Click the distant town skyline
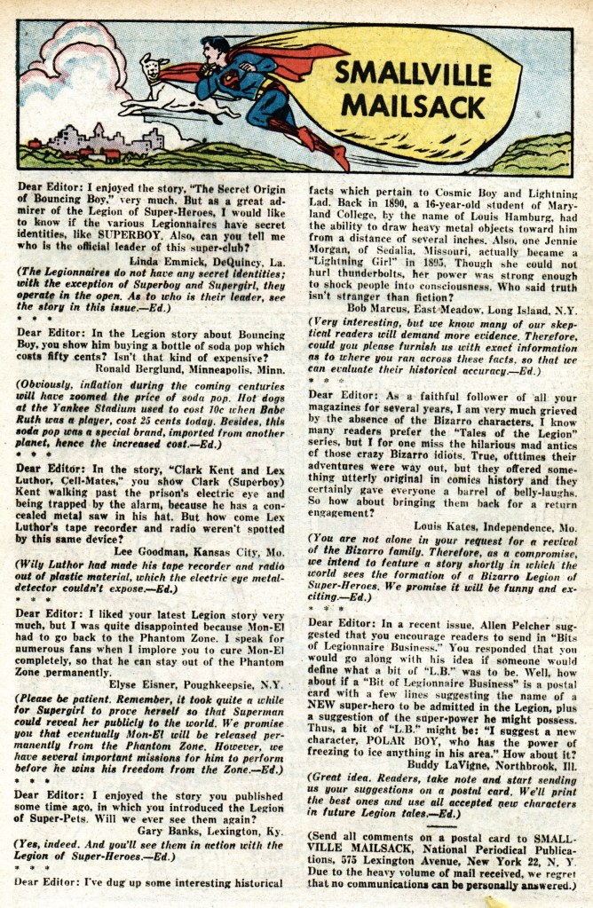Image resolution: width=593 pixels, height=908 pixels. point(107,141)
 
